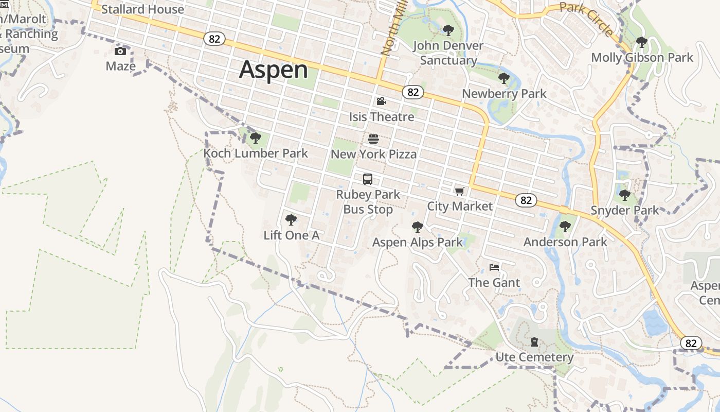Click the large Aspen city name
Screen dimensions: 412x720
click(273, 70)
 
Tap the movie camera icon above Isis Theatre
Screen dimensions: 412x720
click(381, 101)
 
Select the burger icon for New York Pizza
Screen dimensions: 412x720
click(373, 139)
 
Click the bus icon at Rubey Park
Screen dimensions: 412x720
click(368, 179)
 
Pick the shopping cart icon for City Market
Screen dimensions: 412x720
click(459, 192)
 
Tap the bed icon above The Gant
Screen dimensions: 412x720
click(494, 267)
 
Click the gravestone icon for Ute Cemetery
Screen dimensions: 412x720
click(534, 342)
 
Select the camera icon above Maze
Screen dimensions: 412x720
click(120, 51)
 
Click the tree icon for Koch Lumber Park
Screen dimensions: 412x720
click(255, 138)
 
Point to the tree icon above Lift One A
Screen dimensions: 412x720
click(291, 220)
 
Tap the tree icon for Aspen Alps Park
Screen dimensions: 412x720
click(418, 227)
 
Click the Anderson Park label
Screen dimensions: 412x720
click(565, 242)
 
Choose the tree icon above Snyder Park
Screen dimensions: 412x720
click(625, 195)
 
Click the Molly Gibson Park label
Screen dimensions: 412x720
click(642, 57)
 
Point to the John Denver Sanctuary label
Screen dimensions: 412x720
click(448, 53)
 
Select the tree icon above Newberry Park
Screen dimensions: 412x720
click(504, 78)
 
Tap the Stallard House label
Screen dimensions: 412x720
click(142, 9)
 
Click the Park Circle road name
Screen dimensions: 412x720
click(586, 18)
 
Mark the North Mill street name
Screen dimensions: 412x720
click(390, 31)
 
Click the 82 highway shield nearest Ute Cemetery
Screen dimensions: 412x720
click(691, 343)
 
